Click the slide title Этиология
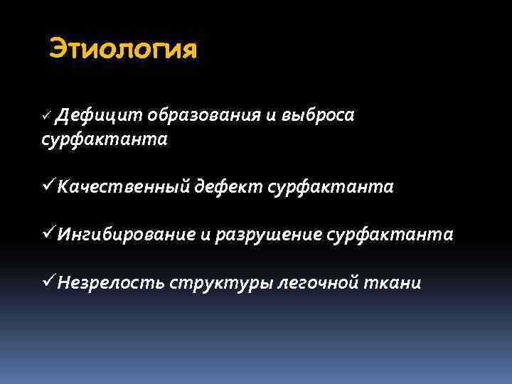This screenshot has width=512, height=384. click(x=122, y=50)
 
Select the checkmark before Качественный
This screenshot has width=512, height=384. click(x=48, y=186)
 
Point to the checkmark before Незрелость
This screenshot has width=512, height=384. click(x=48, y=282)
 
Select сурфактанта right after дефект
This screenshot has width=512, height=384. click(x=331, y=187)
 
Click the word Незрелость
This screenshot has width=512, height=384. click(x=112, y=282)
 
